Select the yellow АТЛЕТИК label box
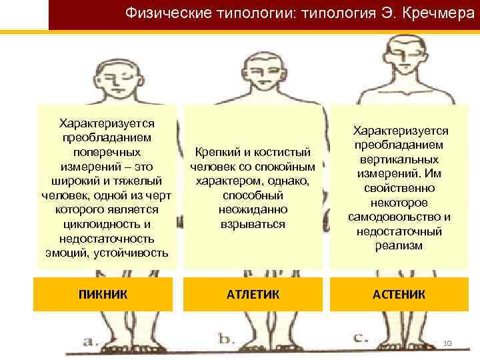pos(253,293)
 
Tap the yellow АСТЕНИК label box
pos(399,293)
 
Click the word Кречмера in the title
pos(441,13)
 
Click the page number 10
pos(447,343)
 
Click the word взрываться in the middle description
pos(253,224)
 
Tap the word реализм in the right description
pos(399,246)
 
